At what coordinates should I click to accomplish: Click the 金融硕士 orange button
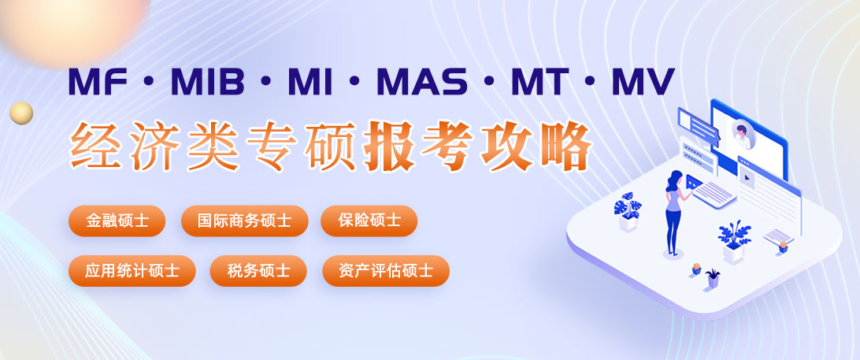[x=117, y=221]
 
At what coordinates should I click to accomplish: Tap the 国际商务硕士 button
[x=245, y=221]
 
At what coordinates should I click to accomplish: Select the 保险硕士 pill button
[x=369, y=221]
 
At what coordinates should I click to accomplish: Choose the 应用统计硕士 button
[x=132, y=270]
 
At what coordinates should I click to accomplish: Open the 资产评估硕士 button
[x=386, y=270]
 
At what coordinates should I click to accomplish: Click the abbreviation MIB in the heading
[x=208, y=82]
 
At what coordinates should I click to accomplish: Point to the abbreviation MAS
[x=422, y=82]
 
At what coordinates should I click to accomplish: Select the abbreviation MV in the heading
[x=643, y=82]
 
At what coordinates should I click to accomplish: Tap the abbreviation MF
[x=98, y=82]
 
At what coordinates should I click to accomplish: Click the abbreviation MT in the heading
[x=539, y=82]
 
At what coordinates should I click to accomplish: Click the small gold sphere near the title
[x=21, y=113]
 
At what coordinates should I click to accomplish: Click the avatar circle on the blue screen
[x=742, y=134]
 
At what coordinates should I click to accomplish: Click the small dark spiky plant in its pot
[x=713, y=278]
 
